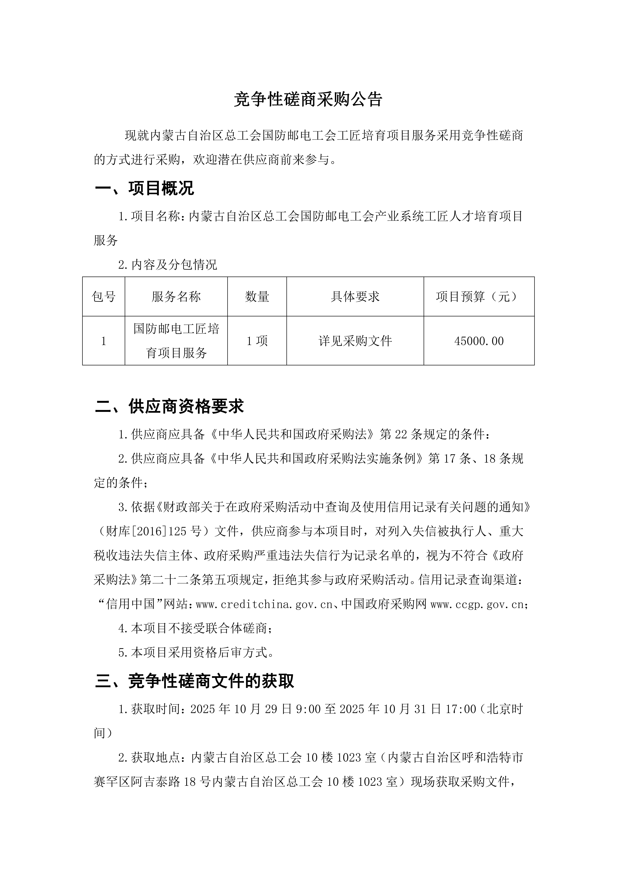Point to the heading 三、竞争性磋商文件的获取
pyautogui.click(x=195, y=681)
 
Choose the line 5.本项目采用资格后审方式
pyautogui.click(x=196, y=652)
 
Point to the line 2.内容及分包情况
pyautogui.click(x=168, y=265)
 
